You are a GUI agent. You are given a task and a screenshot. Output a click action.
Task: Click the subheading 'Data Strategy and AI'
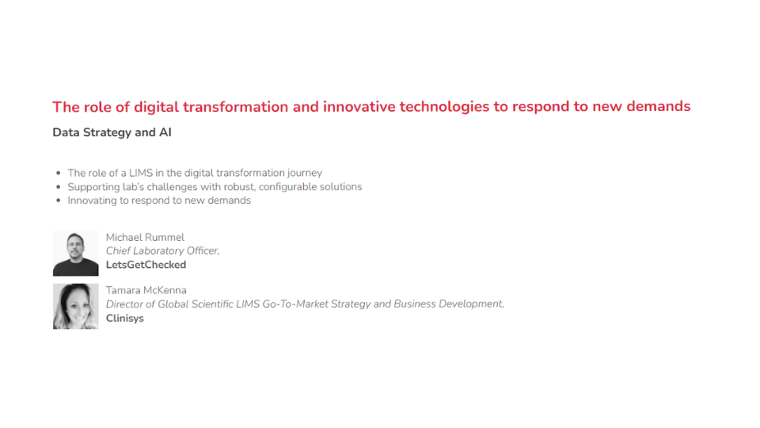[112, 132]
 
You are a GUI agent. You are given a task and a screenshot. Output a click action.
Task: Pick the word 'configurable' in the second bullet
[287, 187]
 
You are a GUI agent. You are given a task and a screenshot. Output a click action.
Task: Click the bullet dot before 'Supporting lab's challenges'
[58, 187]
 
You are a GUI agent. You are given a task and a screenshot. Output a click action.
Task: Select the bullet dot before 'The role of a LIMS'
[58, 173]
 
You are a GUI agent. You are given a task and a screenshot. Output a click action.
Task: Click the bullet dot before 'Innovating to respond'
[58, 201]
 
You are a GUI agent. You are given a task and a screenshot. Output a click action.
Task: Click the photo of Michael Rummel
[76, 254]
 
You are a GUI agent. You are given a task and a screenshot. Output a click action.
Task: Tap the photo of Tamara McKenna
[76, 306]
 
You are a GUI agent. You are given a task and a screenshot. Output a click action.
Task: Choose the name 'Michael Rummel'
[145, 237]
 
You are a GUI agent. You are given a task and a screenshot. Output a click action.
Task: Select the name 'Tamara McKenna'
[146, 290]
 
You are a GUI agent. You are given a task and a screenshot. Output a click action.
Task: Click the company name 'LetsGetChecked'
[146, 265]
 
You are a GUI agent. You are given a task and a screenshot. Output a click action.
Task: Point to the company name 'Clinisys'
[125, 319]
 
